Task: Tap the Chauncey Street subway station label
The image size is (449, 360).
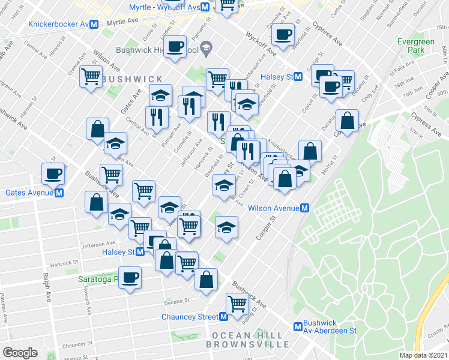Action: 190,317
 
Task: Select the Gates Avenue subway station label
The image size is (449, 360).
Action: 29,193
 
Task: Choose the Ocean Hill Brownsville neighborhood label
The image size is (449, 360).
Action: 247,340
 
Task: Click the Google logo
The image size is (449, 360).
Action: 20,352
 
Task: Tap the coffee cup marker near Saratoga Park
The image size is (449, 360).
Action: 130,277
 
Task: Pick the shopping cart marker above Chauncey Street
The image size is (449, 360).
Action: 237,303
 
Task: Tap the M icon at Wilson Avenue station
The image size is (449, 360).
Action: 305,208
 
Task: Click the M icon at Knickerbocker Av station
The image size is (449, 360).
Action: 93,25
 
